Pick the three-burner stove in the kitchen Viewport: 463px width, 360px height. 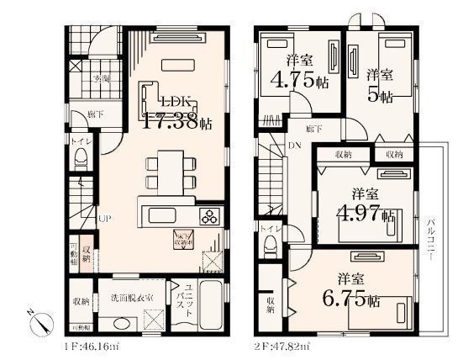tap(208, 216)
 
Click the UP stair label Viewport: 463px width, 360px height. tap(103, 220)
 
